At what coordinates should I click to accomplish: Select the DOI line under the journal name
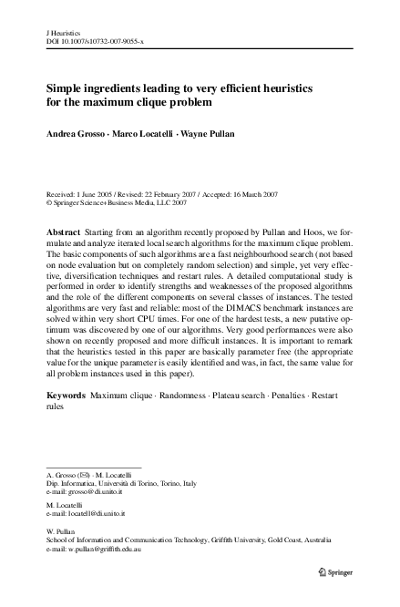(x=96, y=42)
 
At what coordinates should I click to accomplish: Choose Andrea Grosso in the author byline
(x=77, y=133)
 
